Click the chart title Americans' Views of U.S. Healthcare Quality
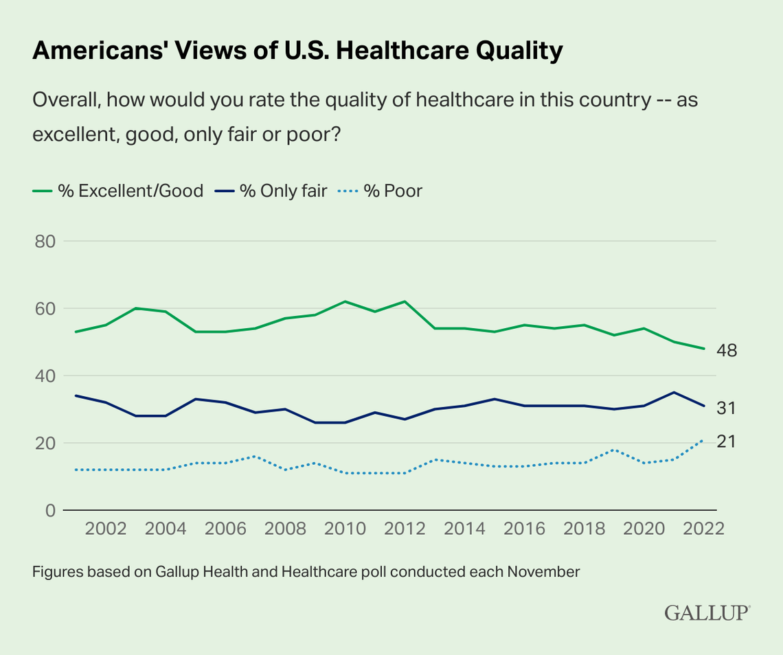(297, 51)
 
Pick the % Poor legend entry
(382, 191)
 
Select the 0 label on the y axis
(50, 510)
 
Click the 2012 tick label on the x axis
(404, 529)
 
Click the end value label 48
(726, 351)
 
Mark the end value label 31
(726, 408)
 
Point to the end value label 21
(726, 441)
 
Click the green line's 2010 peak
(344, 301)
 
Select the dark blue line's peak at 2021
(674, 393)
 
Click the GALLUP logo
(707, 613)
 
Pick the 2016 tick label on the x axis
(523, 529)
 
